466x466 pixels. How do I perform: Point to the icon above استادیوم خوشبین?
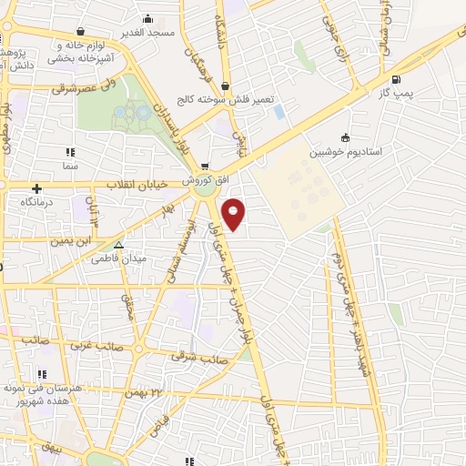(x=344, y=138)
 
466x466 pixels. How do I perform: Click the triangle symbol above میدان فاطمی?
(x=118, y=245)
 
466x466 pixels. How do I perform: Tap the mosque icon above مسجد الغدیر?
(x=147, y=18)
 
